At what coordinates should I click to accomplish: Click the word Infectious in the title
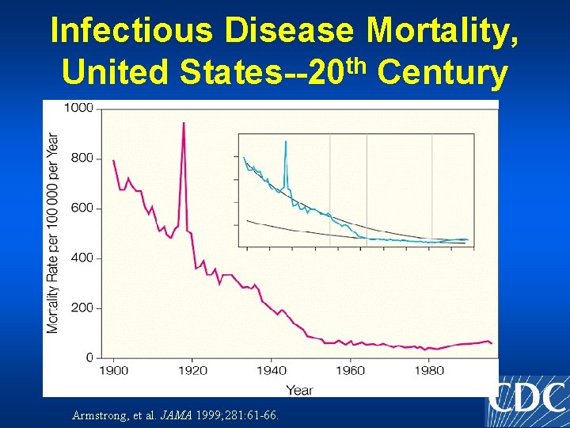point(131,31)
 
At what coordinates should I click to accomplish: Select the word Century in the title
point(443,73)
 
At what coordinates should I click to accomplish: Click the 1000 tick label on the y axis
point(78,108)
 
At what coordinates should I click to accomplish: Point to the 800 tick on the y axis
point(82,158)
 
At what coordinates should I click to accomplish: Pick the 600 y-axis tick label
point(82,208)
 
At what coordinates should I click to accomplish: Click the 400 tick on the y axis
point(82,258)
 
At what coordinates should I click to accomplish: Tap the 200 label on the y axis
point(82,308)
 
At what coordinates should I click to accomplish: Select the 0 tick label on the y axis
point(89,357)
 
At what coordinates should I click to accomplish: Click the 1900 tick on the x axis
point(113,370)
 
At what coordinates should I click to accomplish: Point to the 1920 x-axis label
point(192,370)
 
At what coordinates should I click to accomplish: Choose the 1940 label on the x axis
point(272,370)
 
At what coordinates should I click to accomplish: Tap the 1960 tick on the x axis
point(351,370)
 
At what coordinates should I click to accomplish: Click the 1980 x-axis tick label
point(430,370)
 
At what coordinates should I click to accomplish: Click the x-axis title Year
point(299,389)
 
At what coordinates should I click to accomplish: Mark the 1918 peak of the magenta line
point(184,123)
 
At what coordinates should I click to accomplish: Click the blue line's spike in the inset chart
point(285,142)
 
